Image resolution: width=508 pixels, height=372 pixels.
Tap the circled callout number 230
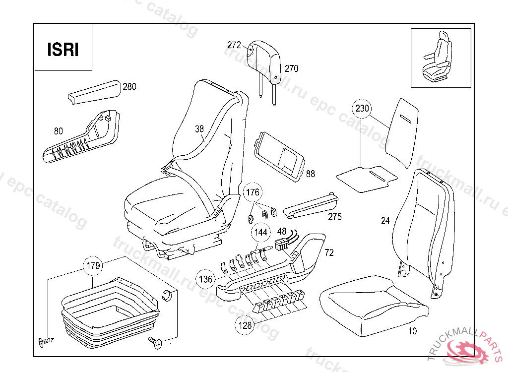(x=362, y=108)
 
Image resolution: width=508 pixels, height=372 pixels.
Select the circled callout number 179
(x=93, y=266)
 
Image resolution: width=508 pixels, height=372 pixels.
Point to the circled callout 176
(x=253, y=192)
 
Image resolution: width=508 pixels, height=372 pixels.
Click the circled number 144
(x=261, y=232)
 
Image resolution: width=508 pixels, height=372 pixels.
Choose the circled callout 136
(x=205, y=279)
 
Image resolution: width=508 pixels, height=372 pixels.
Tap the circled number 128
(x=245, y=325)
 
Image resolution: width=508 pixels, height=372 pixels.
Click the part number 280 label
(x=129, y=86)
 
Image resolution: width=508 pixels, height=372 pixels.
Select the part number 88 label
(x=311, y=174)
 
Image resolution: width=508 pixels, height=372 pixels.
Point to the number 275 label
(x=335, y=216)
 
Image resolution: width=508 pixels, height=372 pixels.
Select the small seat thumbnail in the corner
(x=441, y=58)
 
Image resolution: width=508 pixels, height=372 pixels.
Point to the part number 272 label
(x=234, y=45)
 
